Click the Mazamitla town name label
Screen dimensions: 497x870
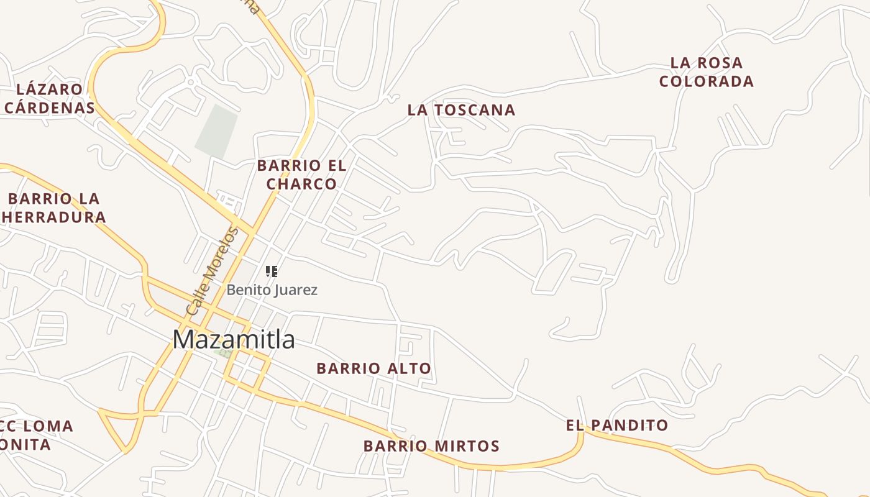pos(234,340)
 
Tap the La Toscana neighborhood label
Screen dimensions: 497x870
pos(461,110)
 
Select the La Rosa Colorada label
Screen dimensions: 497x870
pos(707,72)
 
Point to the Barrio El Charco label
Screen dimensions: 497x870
pos(301,175)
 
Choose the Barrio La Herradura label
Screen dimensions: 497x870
pos(54,208)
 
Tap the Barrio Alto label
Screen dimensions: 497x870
pos(373,368)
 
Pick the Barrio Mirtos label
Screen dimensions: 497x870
pos(431,446)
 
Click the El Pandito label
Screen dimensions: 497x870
pos(616,426)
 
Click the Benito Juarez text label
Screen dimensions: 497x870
pos(272,290)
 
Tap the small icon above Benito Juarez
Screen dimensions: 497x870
pos(272,271)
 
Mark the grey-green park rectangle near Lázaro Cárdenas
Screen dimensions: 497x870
pos(216,130)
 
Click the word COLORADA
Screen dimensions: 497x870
pos(707,81)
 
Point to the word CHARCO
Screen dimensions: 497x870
pos(301,184)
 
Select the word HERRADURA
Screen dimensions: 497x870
pos(54,217)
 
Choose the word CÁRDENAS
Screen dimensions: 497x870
pos(50,107)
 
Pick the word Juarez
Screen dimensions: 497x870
pos(298,290)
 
